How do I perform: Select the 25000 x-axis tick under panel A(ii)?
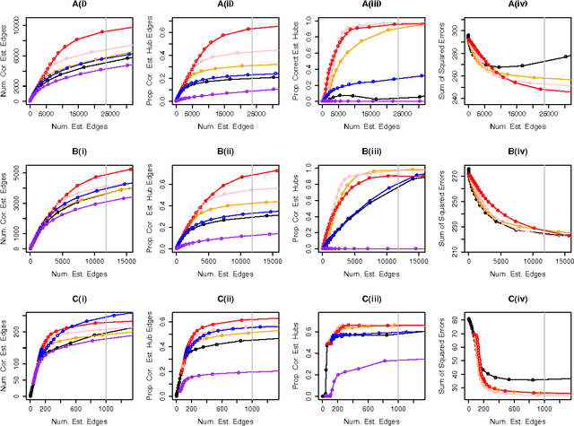[x=243, y=115]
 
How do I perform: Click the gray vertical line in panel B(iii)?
[x=398, y=208]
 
